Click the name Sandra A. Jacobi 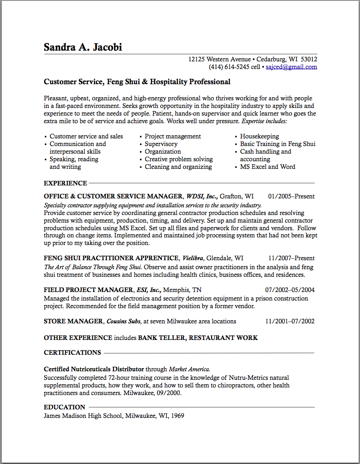point(83,47)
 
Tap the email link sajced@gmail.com point(291,67)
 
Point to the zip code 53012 point(309,59)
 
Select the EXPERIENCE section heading point(65,183)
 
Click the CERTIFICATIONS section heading point(72,352)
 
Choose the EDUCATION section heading point(65,407)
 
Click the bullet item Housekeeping point(259,136)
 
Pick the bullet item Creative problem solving point(178,159)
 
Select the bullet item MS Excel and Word point(267,167)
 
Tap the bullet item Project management point(173,136)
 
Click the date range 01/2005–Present point(291,196)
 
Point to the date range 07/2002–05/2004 point(290,290)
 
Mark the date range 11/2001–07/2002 point(290,321)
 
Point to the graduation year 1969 point(176,416)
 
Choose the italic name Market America point(189,369)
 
